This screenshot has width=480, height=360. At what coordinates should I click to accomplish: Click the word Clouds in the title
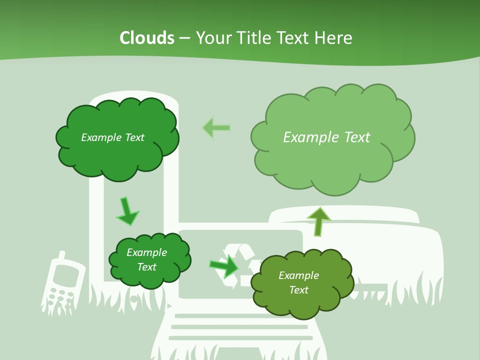[147, 38]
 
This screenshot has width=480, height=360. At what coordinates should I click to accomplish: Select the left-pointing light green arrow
[216, 128]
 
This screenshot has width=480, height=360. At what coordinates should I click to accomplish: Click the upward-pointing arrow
[319, 220]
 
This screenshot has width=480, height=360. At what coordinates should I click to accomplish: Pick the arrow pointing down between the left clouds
[127, 211]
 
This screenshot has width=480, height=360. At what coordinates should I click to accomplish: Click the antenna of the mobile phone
[60, 256]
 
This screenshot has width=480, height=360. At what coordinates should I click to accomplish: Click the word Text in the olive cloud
[299, 290]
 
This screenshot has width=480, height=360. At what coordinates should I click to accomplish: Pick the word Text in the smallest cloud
[147, 267]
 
